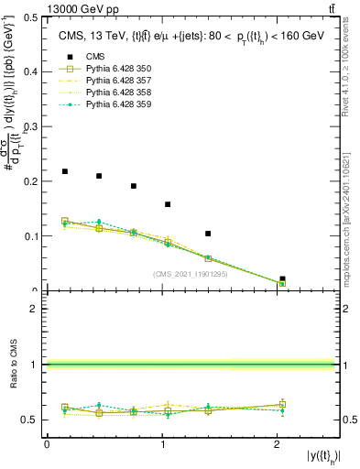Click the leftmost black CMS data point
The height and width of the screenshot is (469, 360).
tap(64, 171)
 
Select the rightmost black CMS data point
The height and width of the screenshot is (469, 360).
tap(282, 278)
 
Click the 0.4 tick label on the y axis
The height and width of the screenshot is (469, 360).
tap(33, 71)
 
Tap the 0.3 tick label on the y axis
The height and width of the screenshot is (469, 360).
tap(33, 126)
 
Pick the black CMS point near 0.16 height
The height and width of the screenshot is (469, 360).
tap(167, 204)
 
